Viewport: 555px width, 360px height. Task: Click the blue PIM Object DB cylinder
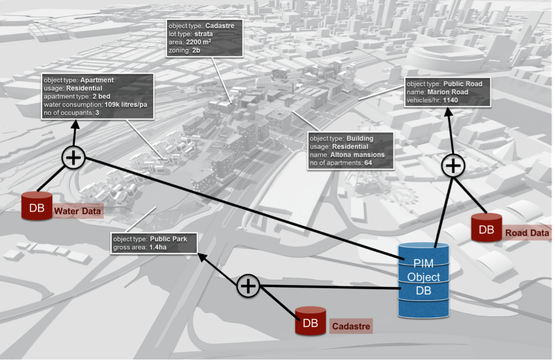423,280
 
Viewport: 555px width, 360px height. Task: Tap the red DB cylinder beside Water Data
37,206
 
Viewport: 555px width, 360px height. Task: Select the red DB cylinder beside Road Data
486,227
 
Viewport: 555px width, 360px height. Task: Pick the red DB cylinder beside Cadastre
310,321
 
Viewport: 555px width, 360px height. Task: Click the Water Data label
78,211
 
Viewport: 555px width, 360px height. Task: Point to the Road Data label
527,233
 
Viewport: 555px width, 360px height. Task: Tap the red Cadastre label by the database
351,326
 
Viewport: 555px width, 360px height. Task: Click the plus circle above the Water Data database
74,157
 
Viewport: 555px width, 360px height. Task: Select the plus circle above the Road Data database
453,166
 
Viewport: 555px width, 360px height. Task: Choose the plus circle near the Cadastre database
248,286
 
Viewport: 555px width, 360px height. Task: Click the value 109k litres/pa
125,105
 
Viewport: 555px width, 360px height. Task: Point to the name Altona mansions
357,155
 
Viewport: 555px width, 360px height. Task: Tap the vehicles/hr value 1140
450,100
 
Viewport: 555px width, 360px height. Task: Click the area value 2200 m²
199,42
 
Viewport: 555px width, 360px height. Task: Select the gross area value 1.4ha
158,247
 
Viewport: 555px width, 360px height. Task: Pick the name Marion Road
448,92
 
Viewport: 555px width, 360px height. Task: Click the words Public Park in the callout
169,239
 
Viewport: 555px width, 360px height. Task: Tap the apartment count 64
368,163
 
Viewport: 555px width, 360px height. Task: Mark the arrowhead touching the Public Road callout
448,112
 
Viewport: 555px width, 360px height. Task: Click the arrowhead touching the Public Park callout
203,257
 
